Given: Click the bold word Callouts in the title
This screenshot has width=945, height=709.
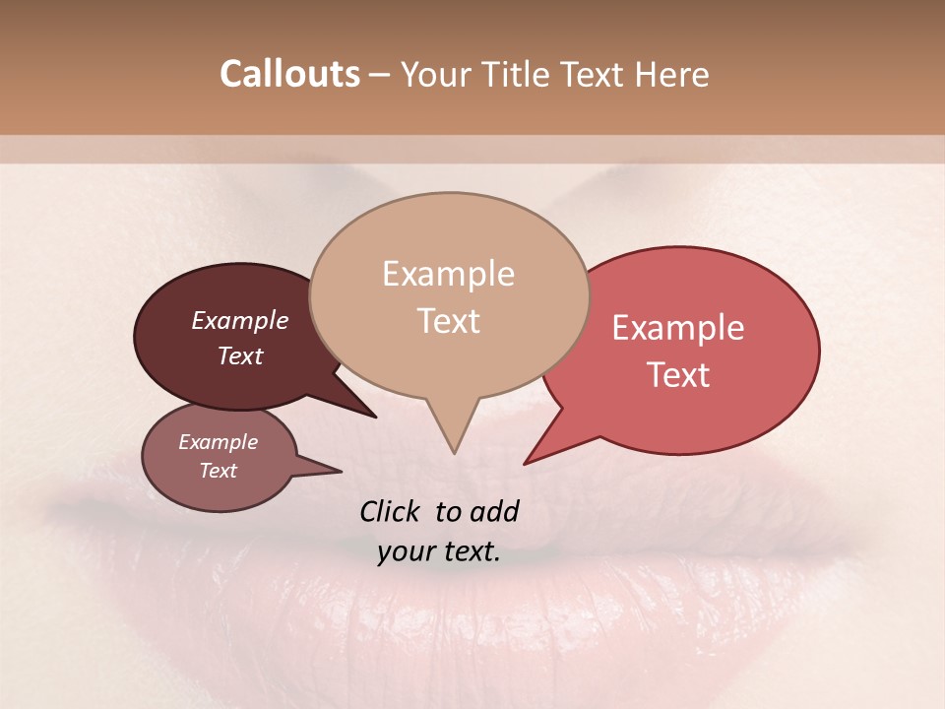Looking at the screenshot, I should coord(289,74).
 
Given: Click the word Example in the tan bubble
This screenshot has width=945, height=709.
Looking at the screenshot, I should coord(448,274).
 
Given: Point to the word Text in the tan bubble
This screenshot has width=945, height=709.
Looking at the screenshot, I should coord(448,321).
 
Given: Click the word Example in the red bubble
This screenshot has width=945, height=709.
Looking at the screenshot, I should coord(678,328).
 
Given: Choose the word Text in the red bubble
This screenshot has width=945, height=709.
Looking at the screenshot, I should coord(678,375).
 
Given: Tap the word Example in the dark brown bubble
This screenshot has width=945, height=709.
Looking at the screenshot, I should coord(239,321).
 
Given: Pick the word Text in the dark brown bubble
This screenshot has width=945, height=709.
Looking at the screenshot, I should coord(239,355).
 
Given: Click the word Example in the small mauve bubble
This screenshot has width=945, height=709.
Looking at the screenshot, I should coord(218,442).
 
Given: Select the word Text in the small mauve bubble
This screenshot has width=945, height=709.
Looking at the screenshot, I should coord(218,471).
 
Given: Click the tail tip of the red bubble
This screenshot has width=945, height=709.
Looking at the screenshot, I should coord(526,463).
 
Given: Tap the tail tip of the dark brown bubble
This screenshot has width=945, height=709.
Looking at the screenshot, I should coord(375,417).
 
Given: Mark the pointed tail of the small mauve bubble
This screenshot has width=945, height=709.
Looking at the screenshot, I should coord(340,471).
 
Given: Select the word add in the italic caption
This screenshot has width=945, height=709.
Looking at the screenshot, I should coord(495,511).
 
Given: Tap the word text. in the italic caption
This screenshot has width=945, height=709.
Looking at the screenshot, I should coord(472,552).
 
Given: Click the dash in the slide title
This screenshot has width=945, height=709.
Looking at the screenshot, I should coord(380,75).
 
